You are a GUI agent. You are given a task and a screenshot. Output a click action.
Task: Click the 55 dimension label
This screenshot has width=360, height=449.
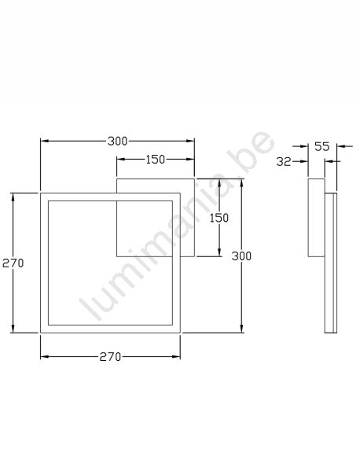[322, 146]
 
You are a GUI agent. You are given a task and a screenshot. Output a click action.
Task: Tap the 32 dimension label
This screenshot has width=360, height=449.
[284, 162]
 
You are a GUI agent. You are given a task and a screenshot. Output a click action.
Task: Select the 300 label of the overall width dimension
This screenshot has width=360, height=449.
[117, 142]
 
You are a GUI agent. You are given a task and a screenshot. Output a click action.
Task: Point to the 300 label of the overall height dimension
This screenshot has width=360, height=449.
[241, 256]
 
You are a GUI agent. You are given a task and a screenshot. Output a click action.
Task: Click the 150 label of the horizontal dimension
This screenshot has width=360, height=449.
[156, 160]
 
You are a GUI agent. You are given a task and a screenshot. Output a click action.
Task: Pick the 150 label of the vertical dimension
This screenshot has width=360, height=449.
[219, 218]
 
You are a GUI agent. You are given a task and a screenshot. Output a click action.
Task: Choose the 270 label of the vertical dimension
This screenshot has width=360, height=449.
[13, 263]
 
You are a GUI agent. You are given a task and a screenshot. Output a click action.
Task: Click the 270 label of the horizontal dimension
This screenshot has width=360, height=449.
[110, 357]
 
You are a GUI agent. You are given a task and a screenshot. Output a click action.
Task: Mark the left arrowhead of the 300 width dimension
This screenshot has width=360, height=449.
[45, 141]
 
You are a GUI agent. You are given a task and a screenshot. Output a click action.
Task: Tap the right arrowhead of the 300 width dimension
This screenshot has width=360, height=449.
[190, 141]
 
